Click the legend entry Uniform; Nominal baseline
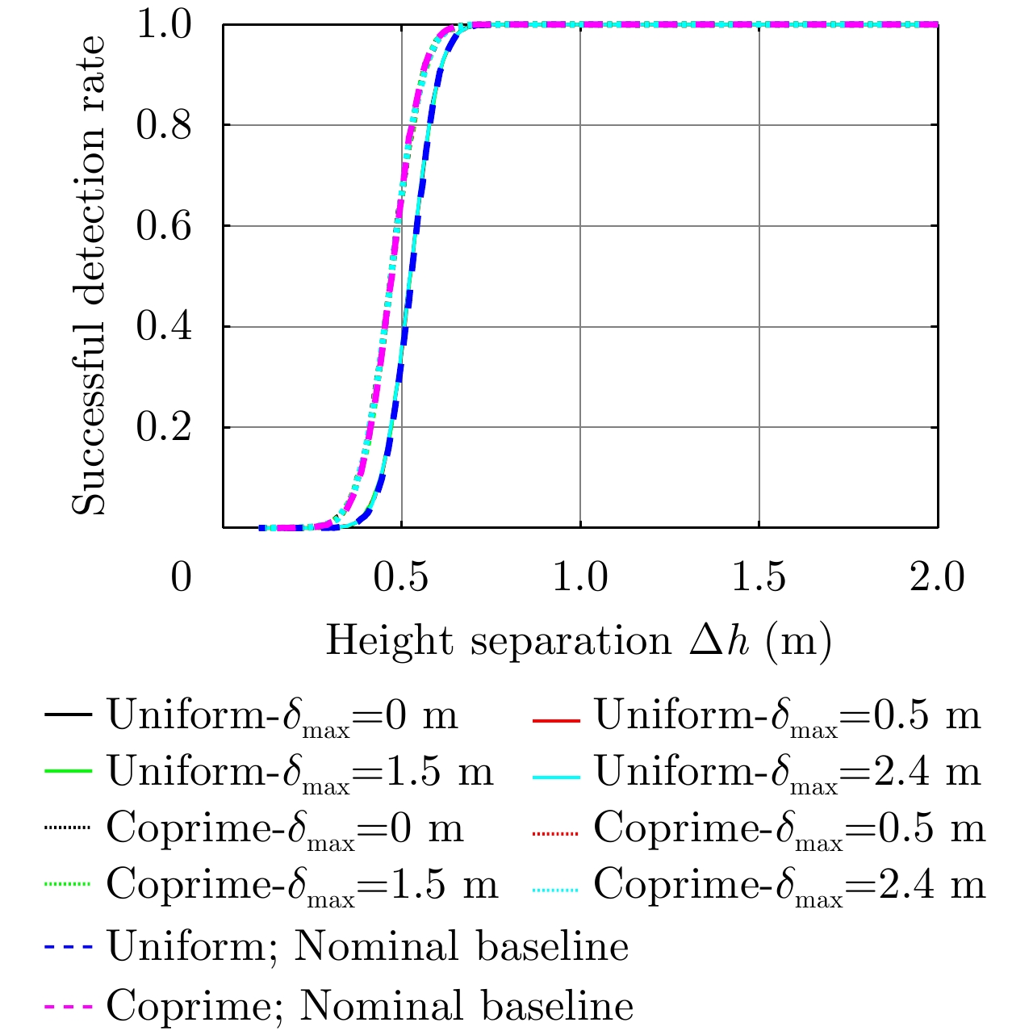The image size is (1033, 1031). click(x=367, y=947)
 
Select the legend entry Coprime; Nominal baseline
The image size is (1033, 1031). click(x=370, y=1006)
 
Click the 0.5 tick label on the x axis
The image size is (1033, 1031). click(x=401, y=578)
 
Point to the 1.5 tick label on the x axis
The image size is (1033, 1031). click(x=759, y=578)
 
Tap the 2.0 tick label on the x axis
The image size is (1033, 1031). click(x=937, y=578)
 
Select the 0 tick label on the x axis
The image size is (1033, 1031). click(x=182, y=578)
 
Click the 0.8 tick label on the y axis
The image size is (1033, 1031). click(x=164, y=125)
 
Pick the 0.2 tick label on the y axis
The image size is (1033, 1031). click(x=164, y=427)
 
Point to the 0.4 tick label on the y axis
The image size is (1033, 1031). click(x=164, y=327)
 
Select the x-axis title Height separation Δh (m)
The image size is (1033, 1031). click(x=579, y=643)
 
